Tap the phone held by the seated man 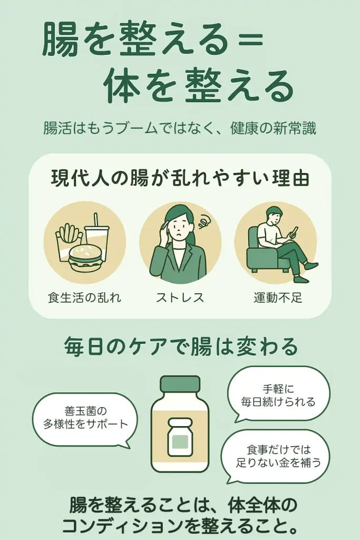294,233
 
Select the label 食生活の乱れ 85,297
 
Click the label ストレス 180,297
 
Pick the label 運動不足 278,297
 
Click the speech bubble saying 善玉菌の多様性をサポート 85,419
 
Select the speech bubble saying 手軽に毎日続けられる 278,395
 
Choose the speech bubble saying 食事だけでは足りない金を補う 275,455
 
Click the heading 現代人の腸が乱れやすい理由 180,178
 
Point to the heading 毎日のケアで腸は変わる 181,346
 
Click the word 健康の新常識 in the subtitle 273,129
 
